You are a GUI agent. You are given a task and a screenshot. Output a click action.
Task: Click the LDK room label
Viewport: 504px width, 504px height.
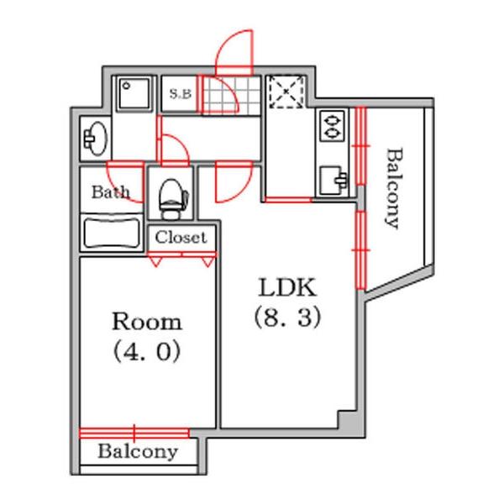tap(286, 288)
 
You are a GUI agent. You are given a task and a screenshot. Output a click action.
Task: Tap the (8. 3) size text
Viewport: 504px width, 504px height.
tap(286, 320)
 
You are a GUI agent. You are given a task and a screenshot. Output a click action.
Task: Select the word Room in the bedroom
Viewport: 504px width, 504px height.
tap(147, 322)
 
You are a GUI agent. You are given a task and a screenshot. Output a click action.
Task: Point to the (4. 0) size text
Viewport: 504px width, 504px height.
tap(147, 353)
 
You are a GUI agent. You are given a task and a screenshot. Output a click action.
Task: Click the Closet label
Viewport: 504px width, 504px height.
tap(181, 238)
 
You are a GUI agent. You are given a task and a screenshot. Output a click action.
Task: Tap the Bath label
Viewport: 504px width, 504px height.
tap(111, 192)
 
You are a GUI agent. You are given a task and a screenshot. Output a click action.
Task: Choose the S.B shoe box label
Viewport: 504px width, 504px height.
tap(181, 94)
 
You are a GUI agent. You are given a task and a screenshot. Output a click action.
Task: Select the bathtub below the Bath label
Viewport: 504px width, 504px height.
tap(111, 231)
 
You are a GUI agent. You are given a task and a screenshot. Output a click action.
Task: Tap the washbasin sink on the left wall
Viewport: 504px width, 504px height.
tap(93, 138)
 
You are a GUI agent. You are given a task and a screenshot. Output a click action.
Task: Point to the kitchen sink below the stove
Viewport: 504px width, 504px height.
tap(333, 179)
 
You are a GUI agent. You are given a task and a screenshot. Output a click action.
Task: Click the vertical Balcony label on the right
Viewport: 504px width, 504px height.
tap(393, 188)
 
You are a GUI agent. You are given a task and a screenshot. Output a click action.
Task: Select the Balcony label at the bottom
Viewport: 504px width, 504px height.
tap(139, 452)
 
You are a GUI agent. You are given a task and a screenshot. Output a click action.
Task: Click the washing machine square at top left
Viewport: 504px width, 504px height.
tap(133, 93)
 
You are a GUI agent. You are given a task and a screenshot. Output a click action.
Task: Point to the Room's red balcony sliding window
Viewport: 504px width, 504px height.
tap(134, 433)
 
